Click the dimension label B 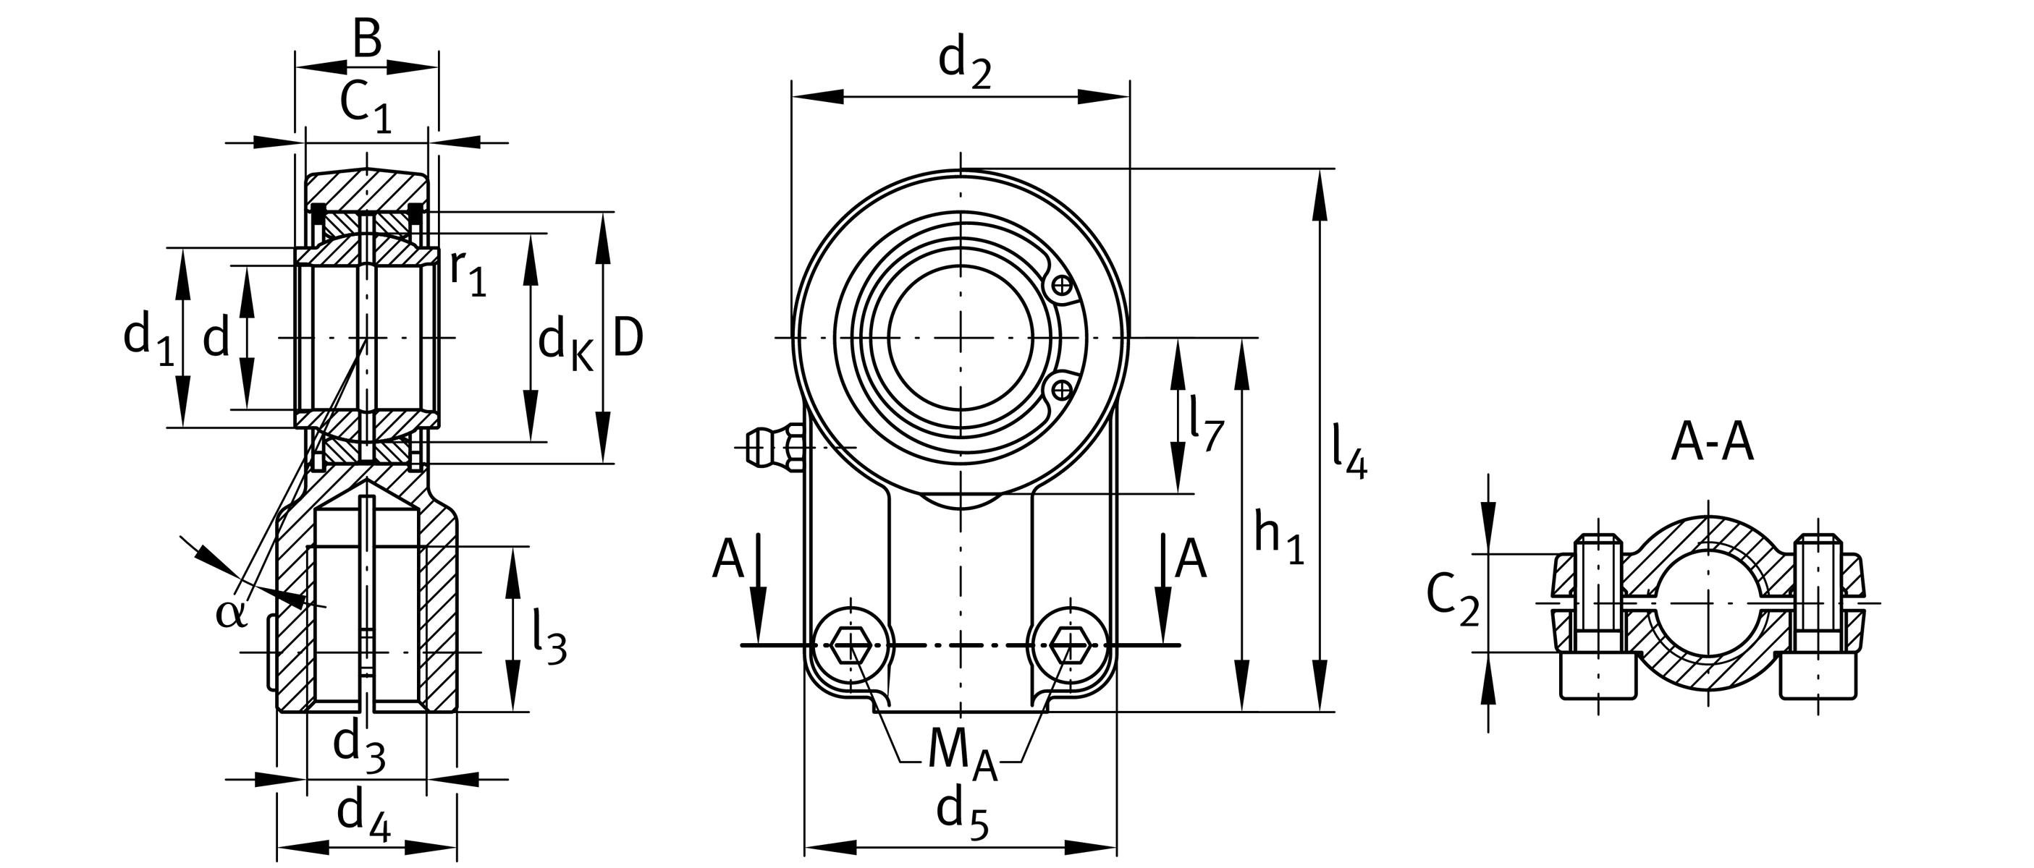tap(367, 40)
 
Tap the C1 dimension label tap(365, 106)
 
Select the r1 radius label tap(468, 274)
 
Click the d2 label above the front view tap(964, 63)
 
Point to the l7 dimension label tap(1207, 426)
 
